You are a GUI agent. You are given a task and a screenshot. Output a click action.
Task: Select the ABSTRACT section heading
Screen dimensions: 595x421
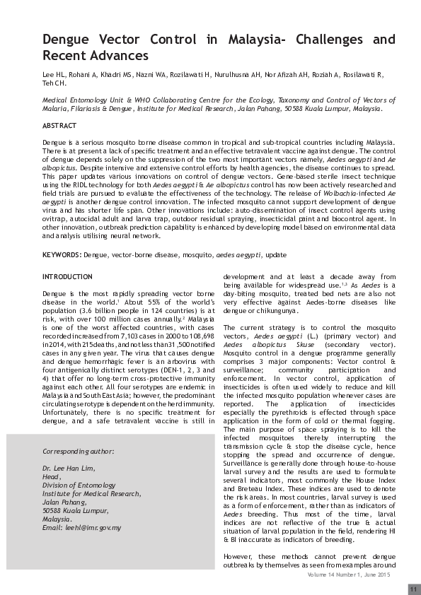(x=59, y=125)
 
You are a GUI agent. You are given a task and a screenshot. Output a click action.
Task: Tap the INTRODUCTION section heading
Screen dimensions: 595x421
(x=67, y=276)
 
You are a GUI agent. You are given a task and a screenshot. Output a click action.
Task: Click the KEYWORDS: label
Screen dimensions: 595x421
(x=62, y=253)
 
